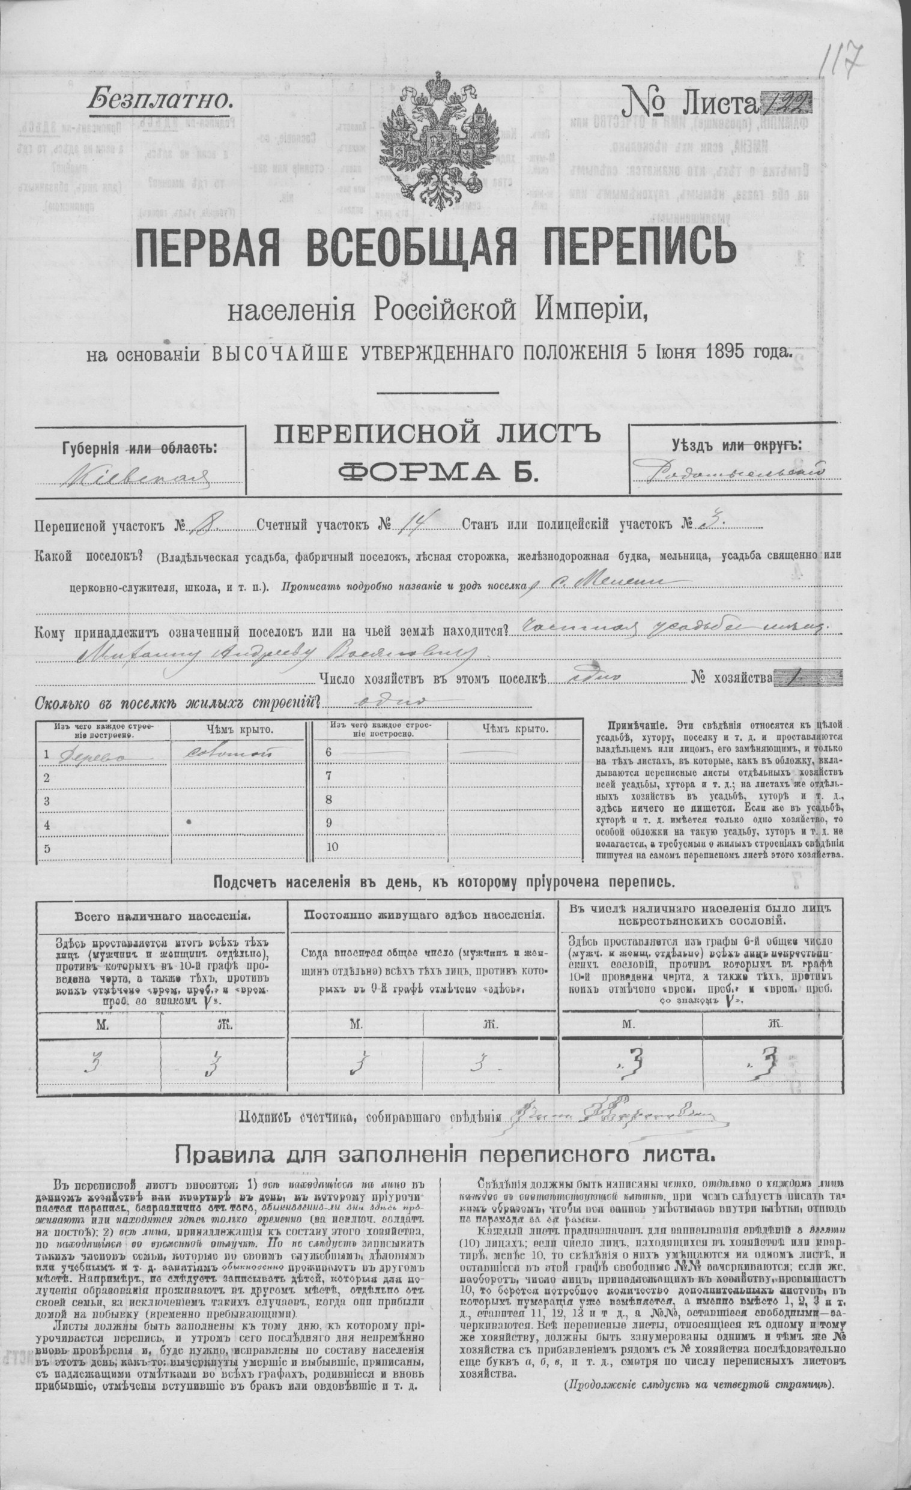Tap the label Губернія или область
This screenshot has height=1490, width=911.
(139, 448)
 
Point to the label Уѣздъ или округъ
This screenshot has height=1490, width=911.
(736, 445)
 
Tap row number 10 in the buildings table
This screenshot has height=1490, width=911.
(333, 846)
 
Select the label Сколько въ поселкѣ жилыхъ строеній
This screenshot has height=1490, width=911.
(177, 703)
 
